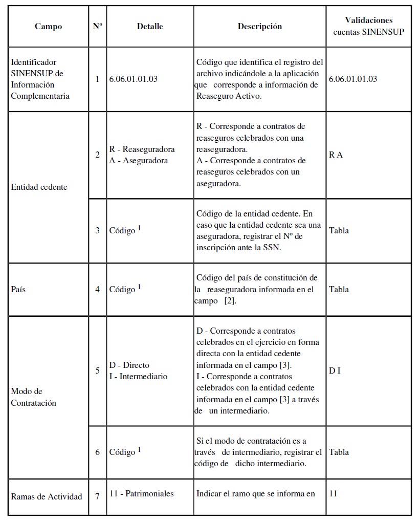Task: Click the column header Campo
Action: point(48,27)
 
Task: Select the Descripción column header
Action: point(259,27)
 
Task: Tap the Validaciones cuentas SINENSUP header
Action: point(368,26)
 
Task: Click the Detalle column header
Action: point(150,27)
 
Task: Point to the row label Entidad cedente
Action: point(39,187)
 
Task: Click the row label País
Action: point(18,289)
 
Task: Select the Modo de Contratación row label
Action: point(34,397)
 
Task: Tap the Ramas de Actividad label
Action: point(47,496)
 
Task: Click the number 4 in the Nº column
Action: point(97,289)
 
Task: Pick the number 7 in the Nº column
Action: point(97,496)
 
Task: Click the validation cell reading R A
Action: point(336,155)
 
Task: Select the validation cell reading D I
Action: point(335,371)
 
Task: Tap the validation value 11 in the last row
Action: point(334,494)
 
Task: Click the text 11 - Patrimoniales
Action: point(142,494)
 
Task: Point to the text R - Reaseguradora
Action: point(142,149)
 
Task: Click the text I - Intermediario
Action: point(139,376)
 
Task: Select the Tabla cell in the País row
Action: point(339,289)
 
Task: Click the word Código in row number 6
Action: point(123,452)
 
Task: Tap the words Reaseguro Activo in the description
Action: point(229,96)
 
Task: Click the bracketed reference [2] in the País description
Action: point(230,301)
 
